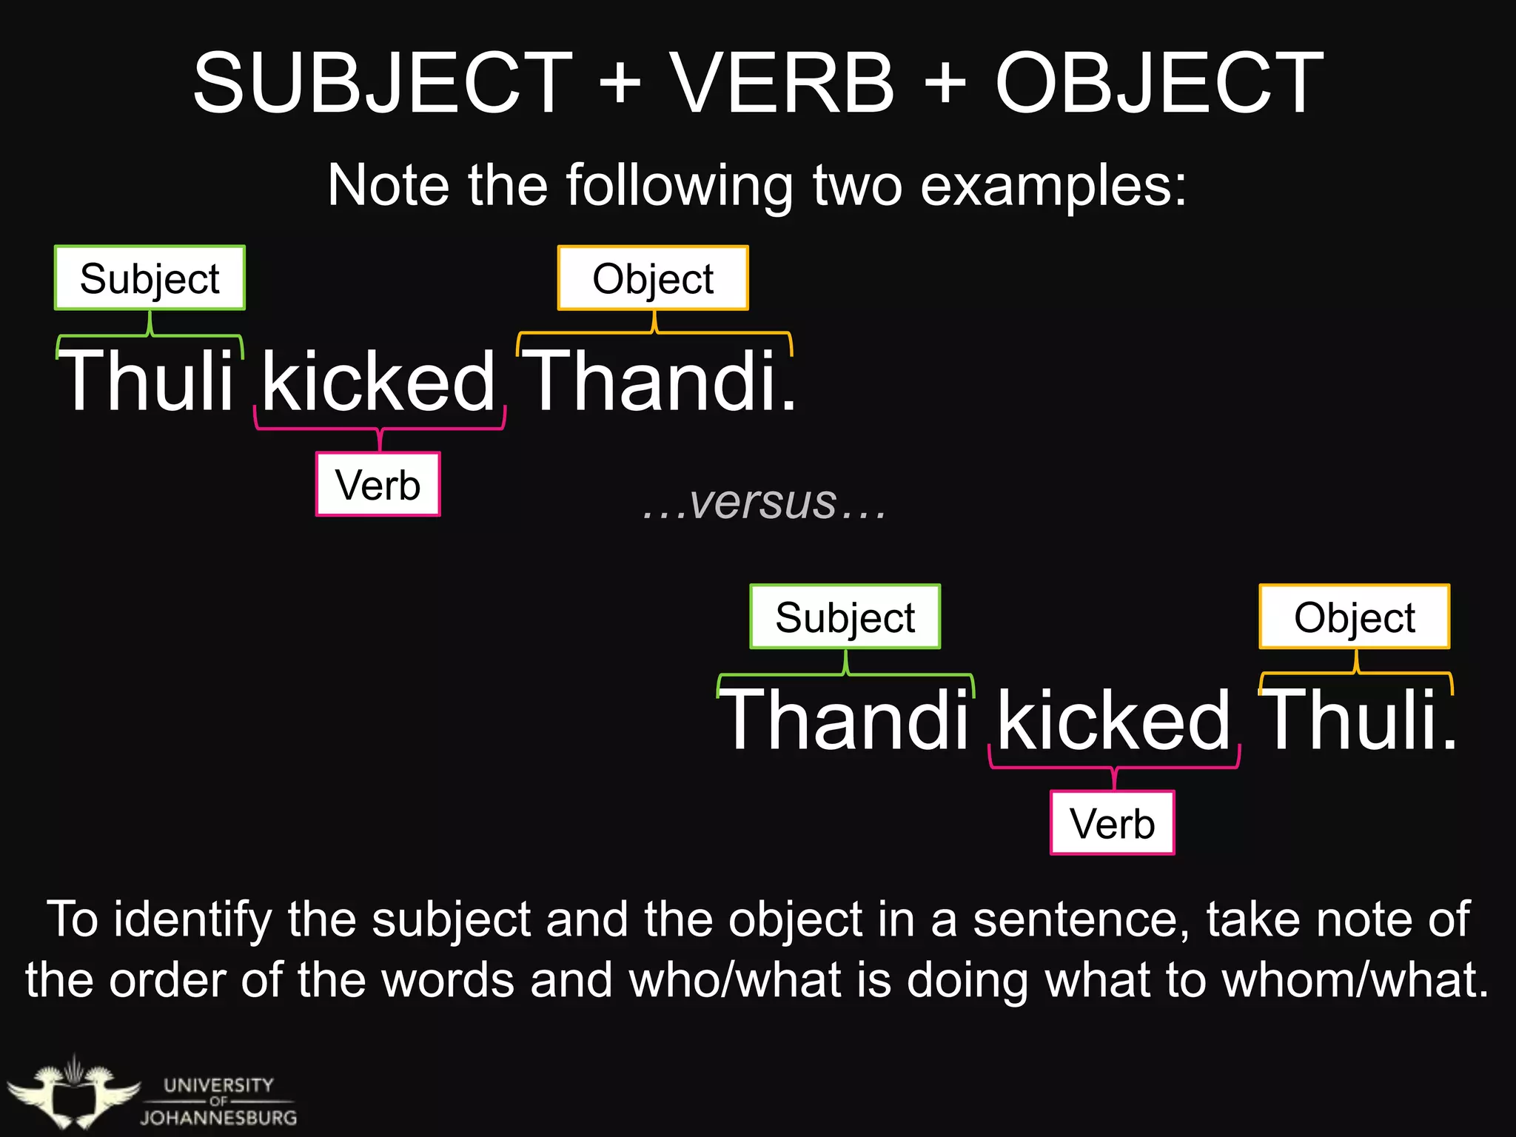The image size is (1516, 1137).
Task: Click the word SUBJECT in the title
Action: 383,83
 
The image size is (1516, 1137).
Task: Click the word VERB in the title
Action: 782,83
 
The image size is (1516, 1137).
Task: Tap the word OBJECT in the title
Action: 1159,83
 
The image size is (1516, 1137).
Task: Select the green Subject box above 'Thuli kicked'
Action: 150,278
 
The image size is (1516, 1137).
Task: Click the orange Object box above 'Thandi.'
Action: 653,278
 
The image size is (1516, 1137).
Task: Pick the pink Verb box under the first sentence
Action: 378,485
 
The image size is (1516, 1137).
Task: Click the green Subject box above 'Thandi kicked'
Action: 845,617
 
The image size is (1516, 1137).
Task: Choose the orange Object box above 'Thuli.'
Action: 1355,617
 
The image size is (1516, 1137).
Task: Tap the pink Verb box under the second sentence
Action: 1113,823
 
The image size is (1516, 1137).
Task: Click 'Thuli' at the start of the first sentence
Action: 147,381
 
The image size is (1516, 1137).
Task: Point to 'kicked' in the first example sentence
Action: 378,381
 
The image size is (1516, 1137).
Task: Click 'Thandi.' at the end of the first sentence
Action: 659,381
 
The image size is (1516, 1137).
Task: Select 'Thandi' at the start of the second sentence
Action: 845,720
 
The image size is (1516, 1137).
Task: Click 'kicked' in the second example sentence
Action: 1113,720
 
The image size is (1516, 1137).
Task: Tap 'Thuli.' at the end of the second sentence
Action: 1358,720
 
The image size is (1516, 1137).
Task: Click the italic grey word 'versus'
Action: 763,503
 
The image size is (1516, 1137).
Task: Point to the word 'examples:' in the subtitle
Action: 1053,185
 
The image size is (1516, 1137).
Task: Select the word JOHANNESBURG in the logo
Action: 219,1117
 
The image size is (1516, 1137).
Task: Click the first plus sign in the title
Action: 620,83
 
